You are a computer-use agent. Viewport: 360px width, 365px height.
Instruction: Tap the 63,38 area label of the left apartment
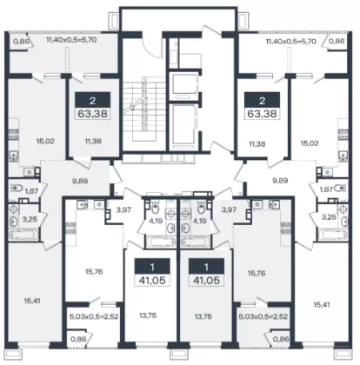pos(93,114)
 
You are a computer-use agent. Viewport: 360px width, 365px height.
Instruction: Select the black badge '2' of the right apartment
pos(263,101)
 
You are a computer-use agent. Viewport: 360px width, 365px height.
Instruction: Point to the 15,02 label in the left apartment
pos(45,142)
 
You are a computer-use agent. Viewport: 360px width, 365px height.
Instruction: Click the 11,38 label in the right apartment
pos(257,143)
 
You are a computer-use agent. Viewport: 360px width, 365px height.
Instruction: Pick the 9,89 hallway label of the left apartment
pos(80,181)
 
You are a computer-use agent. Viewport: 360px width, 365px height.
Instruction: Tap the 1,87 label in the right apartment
pos(326,189)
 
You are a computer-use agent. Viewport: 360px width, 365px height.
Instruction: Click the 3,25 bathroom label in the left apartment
pos(30,219)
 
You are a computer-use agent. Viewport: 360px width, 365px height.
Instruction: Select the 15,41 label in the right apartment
pos(322,304)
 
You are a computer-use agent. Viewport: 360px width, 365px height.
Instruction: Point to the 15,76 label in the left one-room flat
pos(94,272)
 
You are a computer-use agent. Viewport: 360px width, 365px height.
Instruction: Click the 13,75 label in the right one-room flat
pos(203,316)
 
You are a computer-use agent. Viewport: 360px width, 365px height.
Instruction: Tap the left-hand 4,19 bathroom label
pos(156,221)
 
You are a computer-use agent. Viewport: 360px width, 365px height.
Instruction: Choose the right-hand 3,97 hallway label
pos(229,209)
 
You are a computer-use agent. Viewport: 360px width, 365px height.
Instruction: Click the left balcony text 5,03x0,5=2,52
pos(94,316)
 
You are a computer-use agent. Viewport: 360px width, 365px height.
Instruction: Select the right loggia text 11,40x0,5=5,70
pos(290,42)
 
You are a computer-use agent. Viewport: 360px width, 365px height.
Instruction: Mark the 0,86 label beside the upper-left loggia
pos(21,41)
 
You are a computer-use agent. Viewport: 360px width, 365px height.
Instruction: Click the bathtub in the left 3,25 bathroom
pos(23,235)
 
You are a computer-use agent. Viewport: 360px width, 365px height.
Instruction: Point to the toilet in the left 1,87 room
pos(17,189)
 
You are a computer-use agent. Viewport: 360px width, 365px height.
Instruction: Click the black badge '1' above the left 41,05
pos(152,267)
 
